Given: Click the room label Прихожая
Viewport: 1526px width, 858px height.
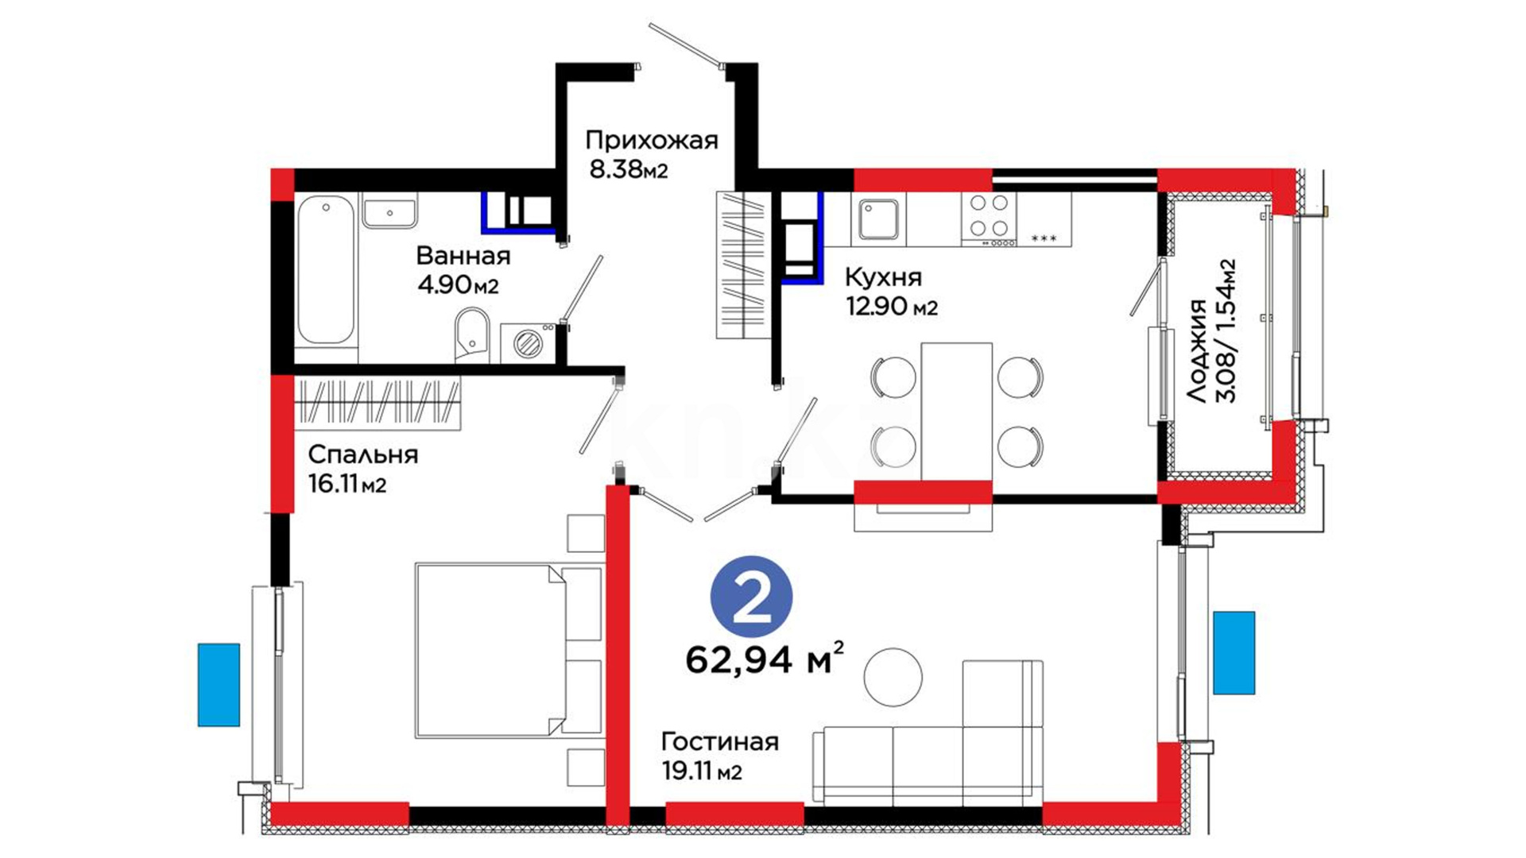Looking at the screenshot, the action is click(651, 141).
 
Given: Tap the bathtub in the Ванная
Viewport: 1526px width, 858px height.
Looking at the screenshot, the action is click(326, 269).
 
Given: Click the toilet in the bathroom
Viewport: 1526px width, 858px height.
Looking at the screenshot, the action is click(472, 335).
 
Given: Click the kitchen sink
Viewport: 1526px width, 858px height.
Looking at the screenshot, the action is click(878, 219).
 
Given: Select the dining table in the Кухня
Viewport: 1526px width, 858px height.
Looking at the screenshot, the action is click(956, 412).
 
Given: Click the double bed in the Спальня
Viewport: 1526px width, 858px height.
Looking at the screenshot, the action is click(509, 651).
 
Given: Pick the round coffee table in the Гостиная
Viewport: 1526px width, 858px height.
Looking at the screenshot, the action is click(893, 677).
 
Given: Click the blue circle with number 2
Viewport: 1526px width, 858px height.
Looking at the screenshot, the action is click(751, 597).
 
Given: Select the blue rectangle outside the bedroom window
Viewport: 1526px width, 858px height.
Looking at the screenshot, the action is click(219, 685).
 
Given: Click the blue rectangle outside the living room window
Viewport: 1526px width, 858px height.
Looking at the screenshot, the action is click(1234, 653).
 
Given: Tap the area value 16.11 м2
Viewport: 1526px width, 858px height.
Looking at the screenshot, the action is click(347, 484).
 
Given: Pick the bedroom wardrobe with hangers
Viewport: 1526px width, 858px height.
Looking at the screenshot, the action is click(378, 403).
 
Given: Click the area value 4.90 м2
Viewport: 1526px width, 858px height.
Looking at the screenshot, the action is click(458, 285).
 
